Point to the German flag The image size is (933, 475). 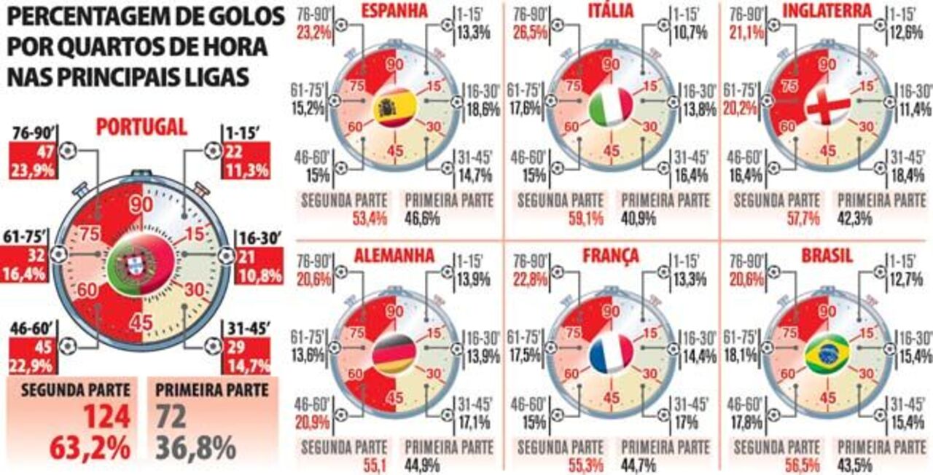tap(394, 355)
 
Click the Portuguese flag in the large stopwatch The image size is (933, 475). tap(141, 263)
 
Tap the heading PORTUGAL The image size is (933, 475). tap(141, 127)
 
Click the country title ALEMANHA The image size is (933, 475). tap(394, 256)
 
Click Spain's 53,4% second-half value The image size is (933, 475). tap(365, 216)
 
